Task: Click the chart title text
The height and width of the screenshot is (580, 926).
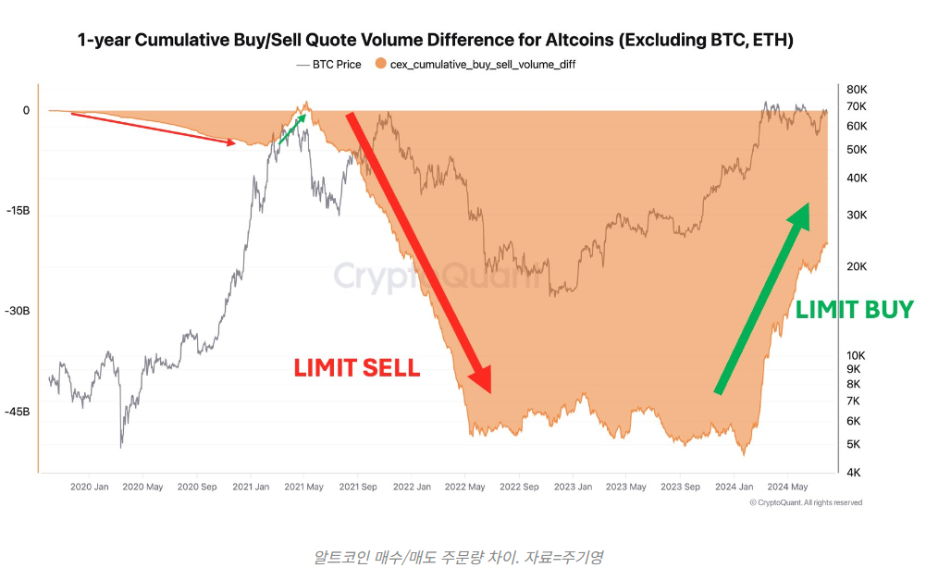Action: coord(435,41)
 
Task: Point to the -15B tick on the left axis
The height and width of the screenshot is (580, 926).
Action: coord(19,211)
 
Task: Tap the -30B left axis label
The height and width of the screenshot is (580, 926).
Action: coord(18,311)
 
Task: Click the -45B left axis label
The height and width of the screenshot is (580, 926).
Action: coord(18,412)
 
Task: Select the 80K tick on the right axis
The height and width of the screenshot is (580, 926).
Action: coord(857,90)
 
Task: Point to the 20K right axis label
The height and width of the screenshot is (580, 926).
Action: coord(857,266)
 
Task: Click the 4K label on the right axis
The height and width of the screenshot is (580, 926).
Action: coord(853,473)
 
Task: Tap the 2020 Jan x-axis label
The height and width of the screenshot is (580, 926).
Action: coord(90,487)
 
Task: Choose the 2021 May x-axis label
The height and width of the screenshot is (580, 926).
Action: coord(302,487)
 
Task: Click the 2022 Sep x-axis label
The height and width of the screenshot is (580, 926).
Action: coord(516,487)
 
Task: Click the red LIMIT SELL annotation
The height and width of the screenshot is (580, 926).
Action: coord(357,368)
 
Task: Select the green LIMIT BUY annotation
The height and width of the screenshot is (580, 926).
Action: coord(854,310)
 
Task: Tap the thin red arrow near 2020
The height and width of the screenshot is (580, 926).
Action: coord(154,129)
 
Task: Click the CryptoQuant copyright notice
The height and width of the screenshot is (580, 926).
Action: coord(806,502)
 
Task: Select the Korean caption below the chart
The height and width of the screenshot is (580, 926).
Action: coord(460,557)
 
